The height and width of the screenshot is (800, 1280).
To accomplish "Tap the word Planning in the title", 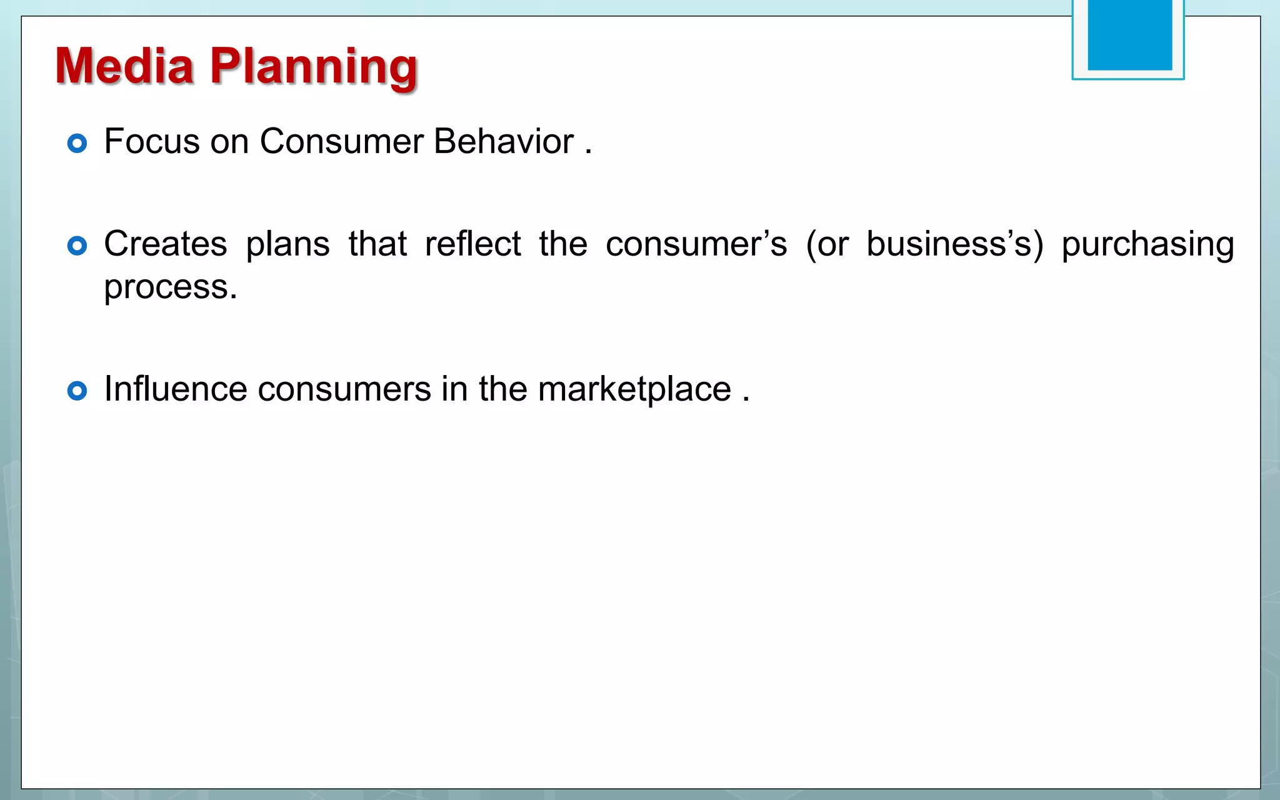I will [x=313, y=67].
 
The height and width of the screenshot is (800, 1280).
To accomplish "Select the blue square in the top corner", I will [x=1129, y=35].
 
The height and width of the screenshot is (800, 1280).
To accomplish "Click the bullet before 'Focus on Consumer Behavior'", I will [x=77, y=144].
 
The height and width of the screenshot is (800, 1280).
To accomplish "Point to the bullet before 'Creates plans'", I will [x=77, y=246].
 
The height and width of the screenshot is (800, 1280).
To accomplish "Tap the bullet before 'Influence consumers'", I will [x=77, y=391].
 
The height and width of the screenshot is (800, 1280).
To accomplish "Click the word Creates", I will [x=165, y=244].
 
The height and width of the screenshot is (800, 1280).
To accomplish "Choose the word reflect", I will [x=472, y=244].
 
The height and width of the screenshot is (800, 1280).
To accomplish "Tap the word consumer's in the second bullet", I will [x=696, y=244].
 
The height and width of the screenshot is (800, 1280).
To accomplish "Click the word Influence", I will [x=175, y=389].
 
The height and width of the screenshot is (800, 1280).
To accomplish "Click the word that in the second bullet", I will [x=377, y=244].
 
